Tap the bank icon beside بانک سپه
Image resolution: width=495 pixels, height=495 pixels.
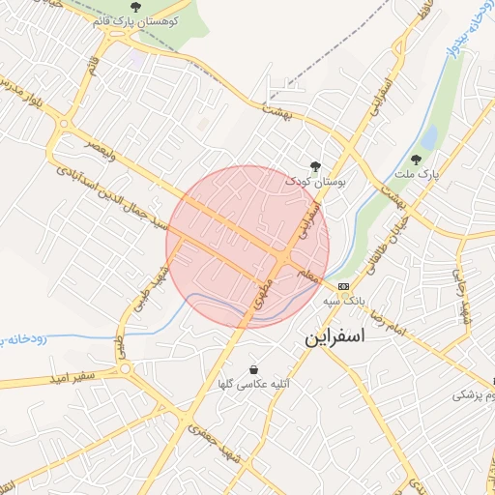pos(343,287)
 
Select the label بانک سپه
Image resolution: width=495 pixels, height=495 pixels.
pos(370,287)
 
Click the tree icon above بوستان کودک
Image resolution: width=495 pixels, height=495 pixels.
pos(313,166)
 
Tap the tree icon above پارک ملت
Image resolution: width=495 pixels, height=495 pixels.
pos(417,160)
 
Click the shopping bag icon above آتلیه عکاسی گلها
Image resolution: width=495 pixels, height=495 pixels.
pos(253,369)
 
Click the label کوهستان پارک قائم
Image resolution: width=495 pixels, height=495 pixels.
pos(134,20)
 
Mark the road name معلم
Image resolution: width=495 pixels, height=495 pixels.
pos(307,274)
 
